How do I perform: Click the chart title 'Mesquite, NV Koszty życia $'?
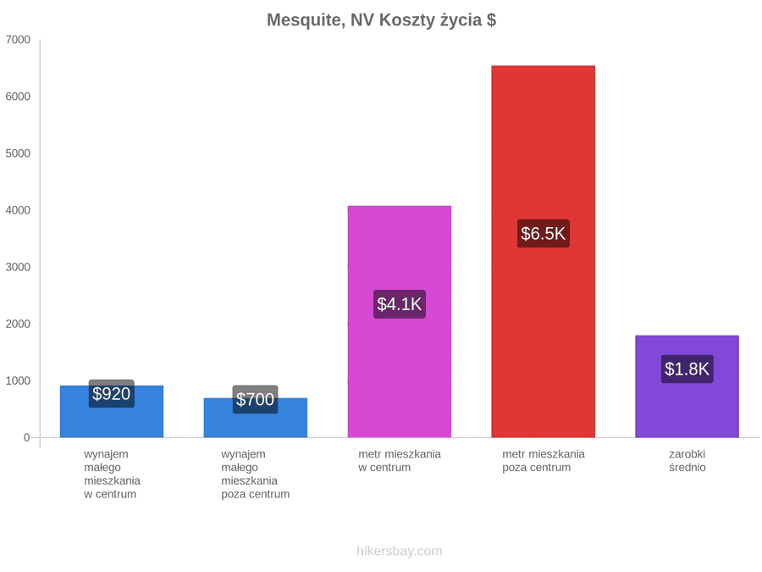coord(382,20)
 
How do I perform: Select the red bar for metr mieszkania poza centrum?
coord(543,252)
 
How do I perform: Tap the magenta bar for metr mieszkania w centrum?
coord(400,321)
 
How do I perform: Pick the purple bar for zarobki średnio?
coord(687,386)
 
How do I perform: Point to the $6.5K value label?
coord(543,234)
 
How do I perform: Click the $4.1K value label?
coord(400,304)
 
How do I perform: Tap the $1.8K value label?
coord(687,369)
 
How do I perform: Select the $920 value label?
coord(111,393)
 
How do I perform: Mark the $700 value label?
coord(255,399)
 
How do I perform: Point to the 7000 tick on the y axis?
coord(18,39)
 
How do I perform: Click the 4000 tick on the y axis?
coord(18,210)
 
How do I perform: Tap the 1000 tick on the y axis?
coord(18,380)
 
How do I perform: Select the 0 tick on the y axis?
coord(27,437)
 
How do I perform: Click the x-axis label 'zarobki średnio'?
coord(687,461)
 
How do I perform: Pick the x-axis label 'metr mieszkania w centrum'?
coord(400,461)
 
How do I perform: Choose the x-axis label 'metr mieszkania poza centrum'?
coord(543,461)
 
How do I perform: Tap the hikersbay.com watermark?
coord(400,551)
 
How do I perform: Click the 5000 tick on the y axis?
coord(18,153)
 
